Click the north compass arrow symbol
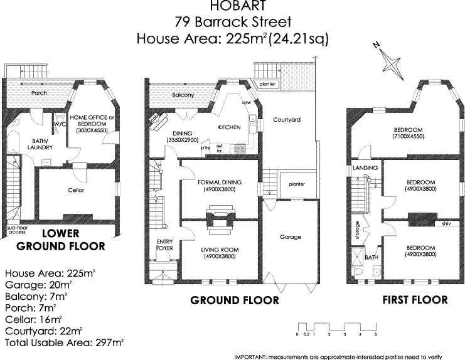pos(390,63)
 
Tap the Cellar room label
pos(76,190)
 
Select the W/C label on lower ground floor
pos(61,124)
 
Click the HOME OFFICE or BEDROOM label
pos(93,120)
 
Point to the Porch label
pos(39,93)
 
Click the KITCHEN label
pos(229,127)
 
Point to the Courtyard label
pos(286,119)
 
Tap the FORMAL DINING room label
pos(220,183)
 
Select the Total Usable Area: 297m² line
pos(64,343)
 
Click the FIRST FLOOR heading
pos(415,300)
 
